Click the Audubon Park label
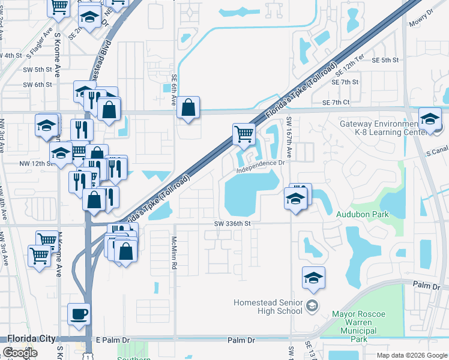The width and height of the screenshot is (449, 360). coord(364,214)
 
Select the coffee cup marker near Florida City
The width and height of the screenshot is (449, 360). coord(79,314)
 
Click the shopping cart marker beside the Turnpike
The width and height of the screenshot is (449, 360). coord(244,134)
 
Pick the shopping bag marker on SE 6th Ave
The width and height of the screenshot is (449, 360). coord(188,107)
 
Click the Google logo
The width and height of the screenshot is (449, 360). coord(20,353)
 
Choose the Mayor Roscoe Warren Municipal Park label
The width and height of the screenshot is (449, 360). coord(360,322)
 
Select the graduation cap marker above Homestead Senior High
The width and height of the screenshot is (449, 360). coord(313,278)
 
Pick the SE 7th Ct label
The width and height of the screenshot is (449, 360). coord(336,103)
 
